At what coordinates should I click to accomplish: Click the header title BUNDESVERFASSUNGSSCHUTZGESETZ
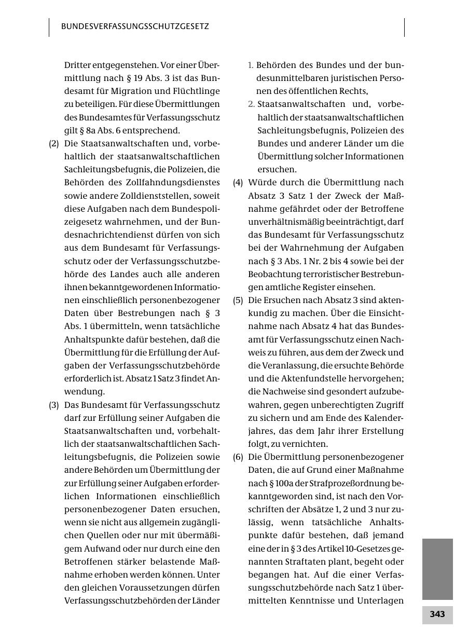(135, 26)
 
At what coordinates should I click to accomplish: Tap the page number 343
(437, 614)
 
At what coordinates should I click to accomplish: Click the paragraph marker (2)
(54, 144)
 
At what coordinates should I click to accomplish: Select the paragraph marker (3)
(54, 405)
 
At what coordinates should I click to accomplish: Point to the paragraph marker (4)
(238, 183)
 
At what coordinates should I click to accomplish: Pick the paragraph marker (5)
(238, 300)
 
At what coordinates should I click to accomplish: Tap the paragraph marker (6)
(238, 457)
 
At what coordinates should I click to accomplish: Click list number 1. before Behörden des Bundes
(251, 65)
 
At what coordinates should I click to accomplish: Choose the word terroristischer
(327, 274)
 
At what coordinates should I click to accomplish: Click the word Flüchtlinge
(194, 91)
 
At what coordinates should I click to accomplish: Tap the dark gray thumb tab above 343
(437, 569)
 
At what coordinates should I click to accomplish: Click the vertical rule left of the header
(49, 28)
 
